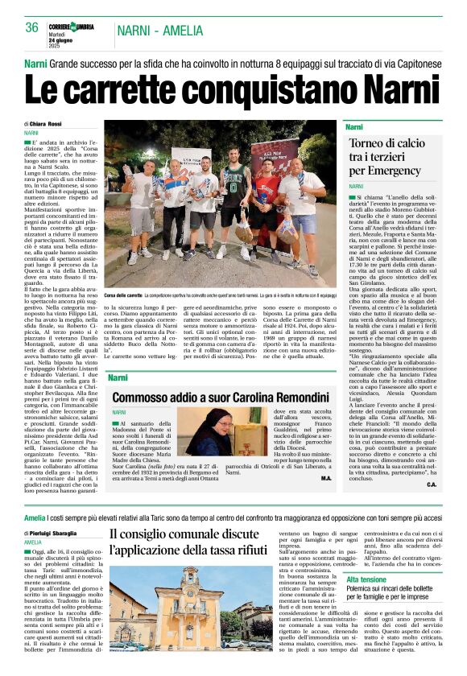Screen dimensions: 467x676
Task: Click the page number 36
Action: pos(32,27)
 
